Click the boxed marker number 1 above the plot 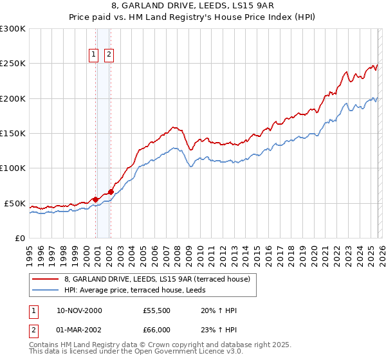click(94, 55)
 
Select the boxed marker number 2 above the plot click(109, 55)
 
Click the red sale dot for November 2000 click(96, 199)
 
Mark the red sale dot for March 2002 click(111, 192)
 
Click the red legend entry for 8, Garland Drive click(161, 279)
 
